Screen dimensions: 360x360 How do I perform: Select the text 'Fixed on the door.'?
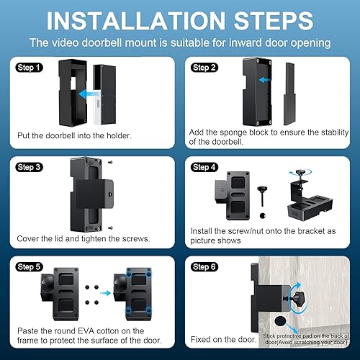point(222,338)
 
